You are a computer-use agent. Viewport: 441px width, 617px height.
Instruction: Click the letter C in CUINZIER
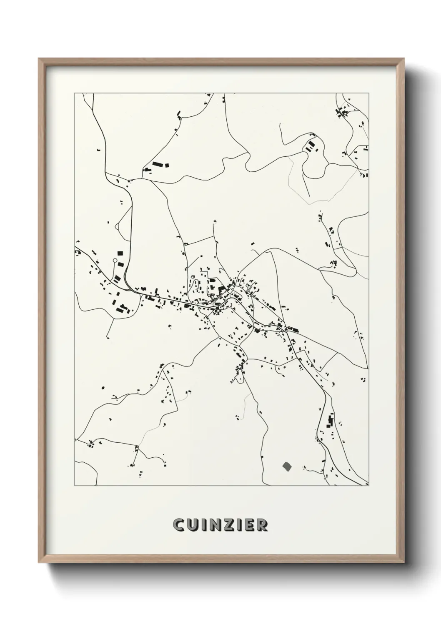[x=178, y=525]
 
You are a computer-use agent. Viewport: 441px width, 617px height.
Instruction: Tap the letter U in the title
[x=191, y=525]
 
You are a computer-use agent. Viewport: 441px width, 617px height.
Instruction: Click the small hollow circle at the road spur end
[x=115, y=260]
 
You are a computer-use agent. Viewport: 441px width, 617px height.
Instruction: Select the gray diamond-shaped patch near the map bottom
[x=286, y=466]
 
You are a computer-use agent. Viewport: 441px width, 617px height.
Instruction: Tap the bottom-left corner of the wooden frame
[x=39, y=561]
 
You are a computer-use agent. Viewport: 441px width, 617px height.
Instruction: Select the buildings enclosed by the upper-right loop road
[x=311, y=146]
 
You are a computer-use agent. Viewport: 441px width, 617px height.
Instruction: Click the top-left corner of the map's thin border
[x=75, y=93]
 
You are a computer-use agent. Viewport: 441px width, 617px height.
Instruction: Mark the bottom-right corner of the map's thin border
[x=369, y=486]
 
